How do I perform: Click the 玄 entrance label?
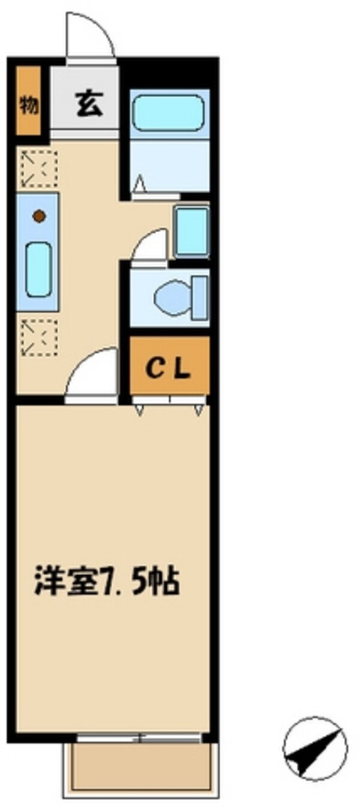[x=88, y=106]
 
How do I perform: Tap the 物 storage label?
[x=28, y=106]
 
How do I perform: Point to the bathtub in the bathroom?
[x=167, y=113]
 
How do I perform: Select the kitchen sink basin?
[x=38, y=268]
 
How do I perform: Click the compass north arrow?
[x=314, y=747]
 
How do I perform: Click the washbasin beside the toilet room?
[x=191, y=232]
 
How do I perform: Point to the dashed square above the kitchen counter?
[x=38, y=169]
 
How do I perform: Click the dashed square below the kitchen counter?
[x=38, y=337]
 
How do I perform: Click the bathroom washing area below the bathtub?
[x=170, y=165]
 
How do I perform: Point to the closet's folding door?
[x=169, y=401]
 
